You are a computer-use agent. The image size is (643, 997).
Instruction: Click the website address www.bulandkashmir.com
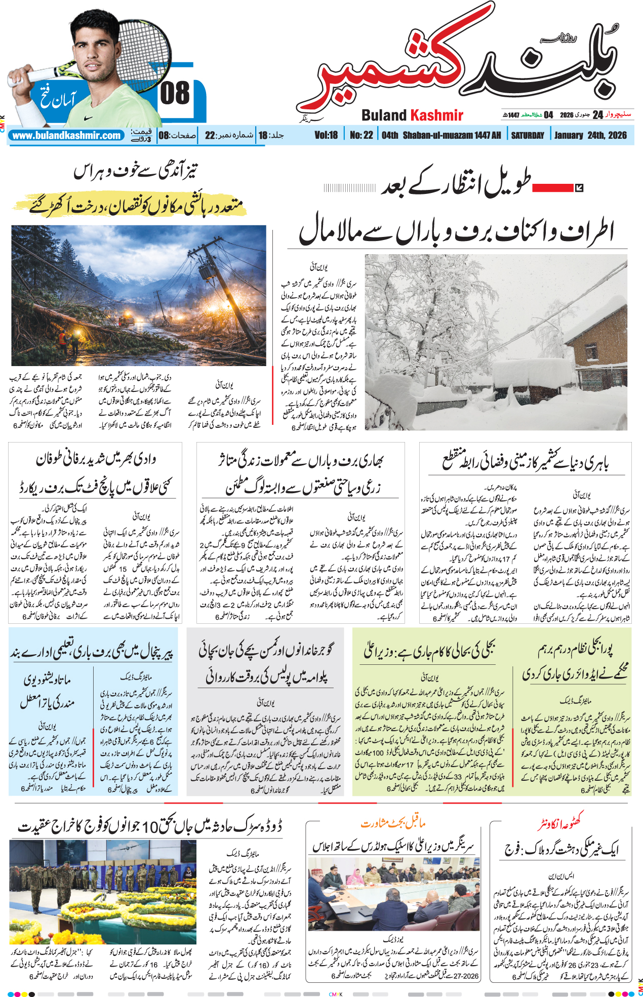coord(67,136)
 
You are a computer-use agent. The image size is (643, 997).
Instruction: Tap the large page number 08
coord(175,94)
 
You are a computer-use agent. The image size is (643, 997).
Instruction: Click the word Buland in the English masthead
coord(384,115)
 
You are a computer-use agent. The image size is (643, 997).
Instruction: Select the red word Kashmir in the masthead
coord(437,115)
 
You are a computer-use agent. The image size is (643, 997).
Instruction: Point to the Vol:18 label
coord(326,136)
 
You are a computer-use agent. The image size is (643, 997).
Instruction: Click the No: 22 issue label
coord(361,136)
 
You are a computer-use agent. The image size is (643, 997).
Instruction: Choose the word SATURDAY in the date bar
coord(527,136)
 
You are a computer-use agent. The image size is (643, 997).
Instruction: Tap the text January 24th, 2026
coord(590,136)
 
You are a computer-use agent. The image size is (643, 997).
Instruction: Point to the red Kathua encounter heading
coord(560,824)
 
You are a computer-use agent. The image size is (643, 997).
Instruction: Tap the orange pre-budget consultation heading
coord(393,824)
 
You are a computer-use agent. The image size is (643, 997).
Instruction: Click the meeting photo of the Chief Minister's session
coord(393,895)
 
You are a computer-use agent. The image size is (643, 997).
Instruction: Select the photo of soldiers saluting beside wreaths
coord(103,892)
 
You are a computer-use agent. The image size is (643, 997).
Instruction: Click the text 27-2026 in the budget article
coord(466,976)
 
